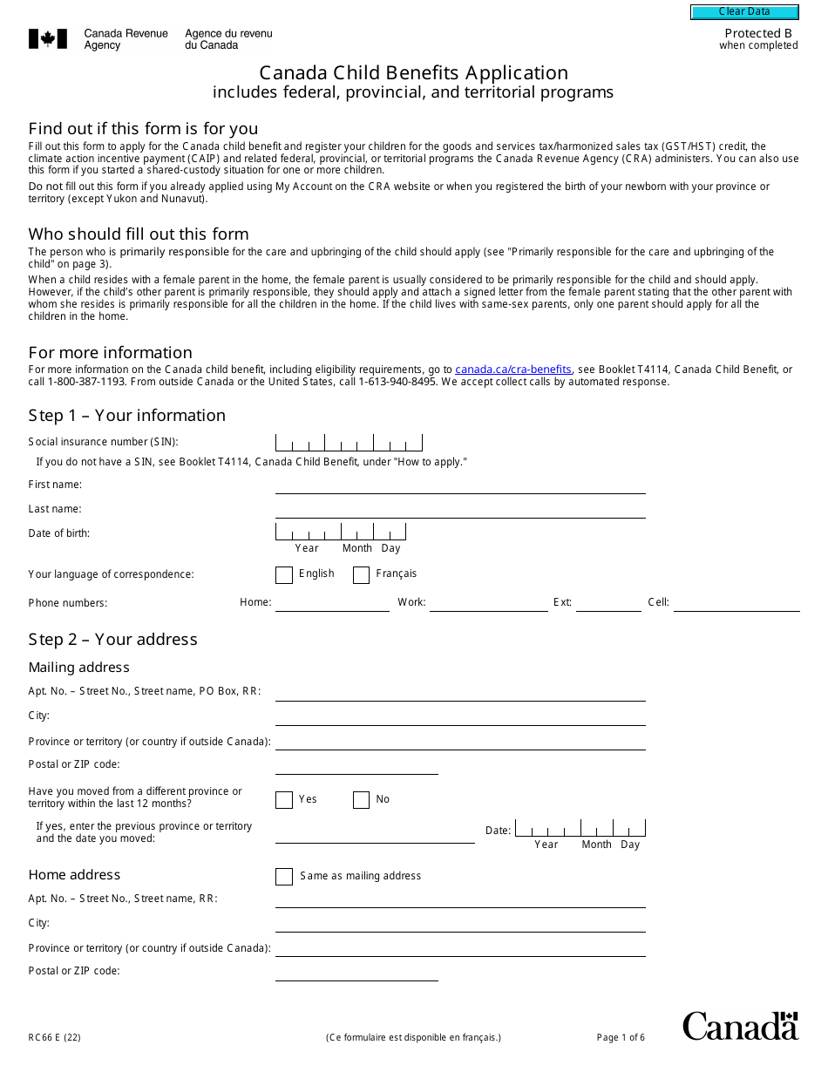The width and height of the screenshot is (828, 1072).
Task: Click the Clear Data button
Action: pos(744,12)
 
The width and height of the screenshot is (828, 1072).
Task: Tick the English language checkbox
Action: pos(284,575)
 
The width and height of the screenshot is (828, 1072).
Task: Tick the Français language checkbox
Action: pos(361,575)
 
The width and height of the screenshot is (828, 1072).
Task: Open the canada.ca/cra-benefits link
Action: pos(512,370)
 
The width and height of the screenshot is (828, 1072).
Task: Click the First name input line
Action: pos(460,485)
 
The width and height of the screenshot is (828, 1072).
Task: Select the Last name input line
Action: pos(460,510)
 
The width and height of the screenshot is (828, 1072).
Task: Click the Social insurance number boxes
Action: pos(349,443)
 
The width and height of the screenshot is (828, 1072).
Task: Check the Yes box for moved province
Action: pos(284,800)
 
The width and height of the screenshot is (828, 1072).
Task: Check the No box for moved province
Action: pos(361,800)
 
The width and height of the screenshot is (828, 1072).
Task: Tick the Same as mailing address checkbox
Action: pos(284,877)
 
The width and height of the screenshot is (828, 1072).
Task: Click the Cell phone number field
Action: pos(736,603)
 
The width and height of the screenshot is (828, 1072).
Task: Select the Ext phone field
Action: pos(608,603)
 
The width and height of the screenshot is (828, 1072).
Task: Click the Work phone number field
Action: pos(488,603)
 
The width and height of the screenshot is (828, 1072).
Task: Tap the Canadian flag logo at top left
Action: pos(48,39)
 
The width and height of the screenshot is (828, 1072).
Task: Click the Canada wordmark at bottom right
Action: pos(740,1026)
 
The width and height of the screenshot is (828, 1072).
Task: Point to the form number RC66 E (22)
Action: pos(54,1037)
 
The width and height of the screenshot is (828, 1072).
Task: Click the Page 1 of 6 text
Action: pos(621,1037)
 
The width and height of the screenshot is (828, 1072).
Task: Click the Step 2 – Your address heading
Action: pos(112,639)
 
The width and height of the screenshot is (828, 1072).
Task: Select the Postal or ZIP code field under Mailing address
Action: pos(356,765)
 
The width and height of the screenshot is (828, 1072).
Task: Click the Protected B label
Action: pos(758,34)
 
